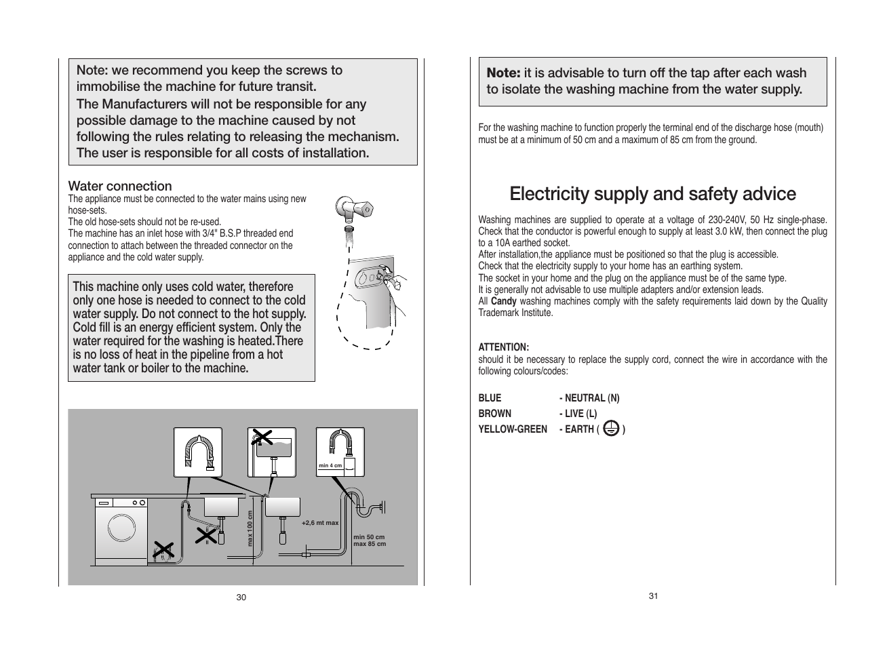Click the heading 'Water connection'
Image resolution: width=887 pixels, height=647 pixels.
click(120, 186)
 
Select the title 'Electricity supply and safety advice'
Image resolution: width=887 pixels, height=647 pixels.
click(652, 194)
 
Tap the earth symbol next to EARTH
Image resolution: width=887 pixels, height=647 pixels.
click(610, 429)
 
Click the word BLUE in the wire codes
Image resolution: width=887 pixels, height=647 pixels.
click(490, 398)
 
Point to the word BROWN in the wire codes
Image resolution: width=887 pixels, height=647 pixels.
click(494, 413)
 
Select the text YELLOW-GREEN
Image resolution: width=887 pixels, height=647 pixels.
click(512, 429)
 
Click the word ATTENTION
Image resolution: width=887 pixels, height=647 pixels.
click(503, 347)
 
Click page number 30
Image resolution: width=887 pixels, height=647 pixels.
click(241, 597)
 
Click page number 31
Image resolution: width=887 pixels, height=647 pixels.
click(653, 595)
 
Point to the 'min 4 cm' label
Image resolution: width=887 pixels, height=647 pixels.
click(330, 465)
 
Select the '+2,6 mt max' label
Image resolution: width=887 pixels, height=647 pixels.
click(319, 523)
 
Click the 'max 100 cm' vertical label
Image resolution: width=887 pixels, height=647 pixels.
click(250, 528)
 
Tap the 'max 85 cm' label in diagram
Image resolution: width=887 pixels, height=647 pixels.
click(370, 544)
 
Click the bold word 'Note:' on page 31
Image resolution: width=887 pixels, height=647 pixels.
click(503, 73)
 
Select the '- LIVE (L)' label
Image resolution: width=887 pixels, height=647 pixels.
click(578, 413)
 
